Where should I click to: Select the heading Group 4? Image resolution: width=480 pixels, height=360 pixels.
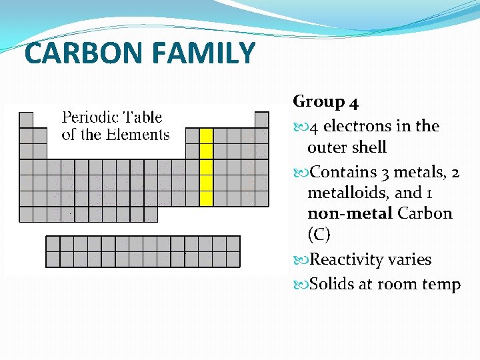click(x=326, y=102)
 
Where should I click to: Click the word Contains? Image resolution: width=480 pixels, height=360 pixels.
click(x=344, y=172)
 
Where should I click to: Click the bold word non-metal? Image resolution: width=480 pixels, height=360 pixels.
click(x=350, y=214)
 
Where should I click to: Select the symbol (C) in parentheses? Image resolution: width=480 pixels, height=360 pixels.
click(x=319, y=235)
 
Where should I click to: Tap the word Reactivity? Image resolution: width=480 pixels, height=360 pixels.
click(x=352, y=260)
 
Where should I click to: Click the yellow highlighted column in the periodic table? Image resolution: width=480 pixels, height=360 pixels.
click(x=206, y=167)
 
